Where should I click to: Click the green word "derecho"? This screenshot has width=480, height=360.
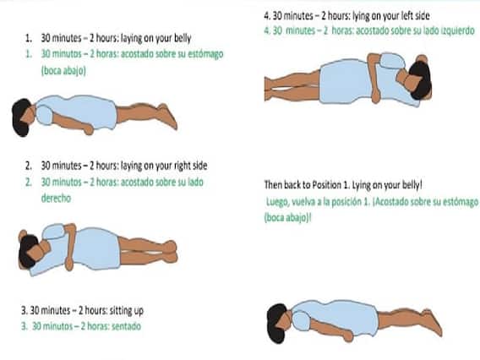[56, 199]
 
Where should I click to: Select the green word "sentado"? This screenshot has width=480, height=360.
[126, 326]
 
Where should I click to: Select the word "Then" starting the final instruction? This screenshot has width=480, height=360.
[273, 185]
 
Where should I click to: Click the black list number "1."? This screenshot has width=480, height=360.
[29, 39]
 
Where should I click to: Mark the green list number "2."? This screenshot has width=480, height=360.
[29, 183]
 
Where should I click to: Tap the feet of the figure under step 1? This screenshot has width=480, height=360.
[167, 117]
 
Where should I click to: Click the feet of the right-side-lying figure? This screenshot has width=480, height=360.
[170, 252]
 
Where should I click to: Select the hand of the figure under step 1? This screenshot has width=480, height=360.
[89, 130]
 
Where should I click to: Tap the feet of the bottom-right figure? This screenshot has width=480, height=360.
[432, 323]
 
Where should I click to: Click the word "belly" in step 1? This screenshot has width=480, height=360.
[183, 39]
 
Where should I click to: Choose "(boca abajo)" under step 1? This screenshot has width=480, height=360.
[63, 71]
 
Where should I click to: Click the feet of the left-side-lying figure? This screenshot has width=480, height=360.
[268, 89]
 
